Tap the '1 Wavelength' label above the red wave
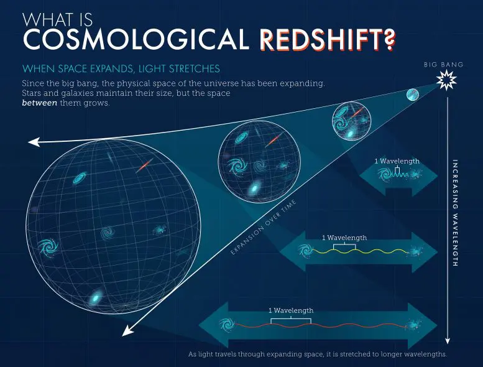click(x=291, y=310)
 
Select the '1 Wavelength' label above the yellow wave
click(x=344, y=238)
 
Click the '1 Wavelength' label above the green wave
click(x=397, y=161)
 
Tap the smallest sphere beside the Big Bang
click(x=413, y=95)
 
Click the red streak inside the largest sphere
click(x=144, y=167)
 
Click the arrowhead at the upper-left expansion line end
click(x=32, y=142)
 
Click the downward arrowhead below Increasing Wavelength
click(x=448, y=340)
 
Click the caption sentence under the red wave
click(x=317, y=355)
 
